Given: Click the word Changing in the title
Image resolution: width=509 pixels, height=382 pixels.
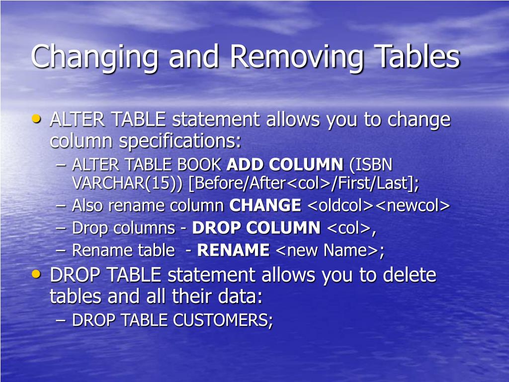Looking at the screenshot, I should (94, 56).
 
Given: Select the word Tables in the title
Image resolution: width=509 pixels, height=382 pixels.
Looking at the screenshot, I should (417, 56).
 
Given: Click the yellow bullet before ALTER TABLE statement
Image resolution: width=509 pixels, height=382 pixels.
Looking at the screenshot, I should (36, 118).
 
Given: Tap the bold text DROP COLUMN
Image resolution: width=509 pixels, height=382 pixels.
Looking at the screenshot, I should (256, 228).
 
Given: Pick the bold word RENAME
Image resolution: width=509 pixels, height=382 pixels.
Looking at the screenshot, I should (234, 251).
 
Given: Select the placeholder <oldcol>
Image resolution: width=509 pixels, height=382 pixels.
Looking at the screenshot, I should (340, 205).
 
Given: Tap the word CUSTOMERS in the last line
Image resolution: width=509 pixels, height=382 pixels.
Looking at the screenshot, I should (223, 320).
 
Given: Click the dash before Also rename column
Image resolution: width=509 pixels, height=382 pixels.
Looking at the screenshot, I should (61, 205).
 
